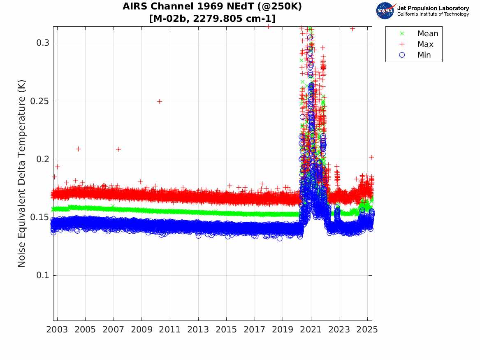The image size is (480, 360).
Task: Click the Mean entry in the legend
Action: coord(427,34)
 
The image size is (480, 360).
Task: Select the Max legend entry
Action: coord(425,44)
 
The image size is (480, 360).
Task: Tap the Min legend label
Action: coord(424,55)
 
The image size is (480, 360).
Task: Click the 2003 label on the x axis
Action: coord(57,330)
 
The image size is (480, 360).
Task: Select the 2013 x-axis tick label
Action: coord(198,330)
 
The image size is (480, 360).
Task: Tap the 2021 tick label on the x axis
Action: coord(311,330)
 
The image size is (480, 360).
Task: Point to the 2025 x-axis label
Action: coord(367,330)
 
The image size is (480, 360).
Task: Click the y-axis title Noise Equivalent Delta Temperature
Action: coord(22,174)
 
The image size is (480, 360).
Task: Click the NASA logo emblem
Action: coord(385,10)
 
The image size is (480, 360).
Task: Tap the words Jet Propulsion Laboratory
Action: coord(433,8)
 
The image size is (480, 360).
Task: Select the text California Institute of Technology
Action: coord(433,14)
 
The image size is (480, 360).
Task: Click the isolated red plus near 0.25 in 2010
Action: coord(160,101)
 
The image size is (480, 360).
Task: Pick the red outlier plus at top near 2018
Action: coord(268,26)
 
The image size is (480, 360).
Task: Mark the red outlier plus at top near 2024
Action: coord(352,29)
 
